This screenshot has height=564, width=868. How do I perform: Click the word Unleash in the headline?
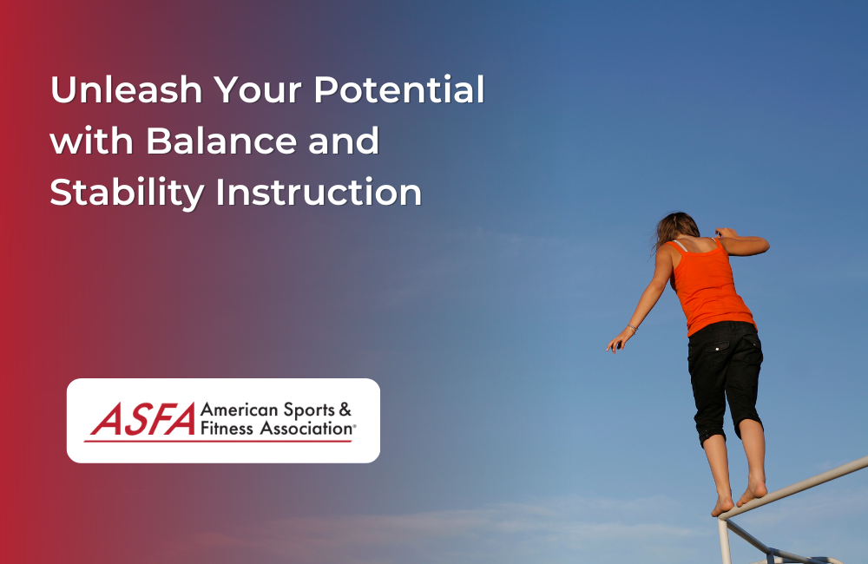[x=126, y=89]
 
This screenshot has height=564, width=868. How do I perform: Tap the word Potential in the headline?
[x=399, y=89]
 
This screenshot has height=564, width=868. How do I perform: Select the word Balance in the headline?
[x=221, y=141]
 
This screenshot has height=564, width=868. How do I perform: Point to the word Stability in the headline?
[x=128, y=193]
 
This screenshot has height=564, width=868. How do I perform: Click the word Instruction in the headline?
[x=319, y=192]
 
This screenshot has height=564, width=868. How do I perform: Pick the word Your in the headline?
[x=259, y=89]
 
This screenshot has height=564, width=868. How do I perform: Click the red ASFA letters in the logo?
[x=143, y=419]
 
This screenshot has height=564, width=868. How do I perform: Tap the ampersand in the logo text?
[x=345, y=410]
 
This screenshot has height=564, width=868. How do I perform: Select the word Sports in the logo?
[x=309, y=410]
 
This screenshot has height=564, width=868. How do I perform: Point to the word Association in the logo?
[x=306, y=429]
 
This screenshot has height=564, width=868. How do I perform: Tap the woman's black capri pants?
[x=724, y=377]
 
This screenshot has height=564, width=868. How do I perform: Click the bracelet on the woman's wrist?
[x=632, y=328]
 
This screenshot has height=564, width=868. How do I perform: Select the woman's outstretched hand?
[x=617, y=342]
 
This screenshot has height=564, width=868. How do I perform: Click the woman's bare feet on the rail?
[x=739, y=495]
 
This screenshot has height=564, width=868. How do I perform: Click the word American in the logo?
[x=240, y=410]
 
